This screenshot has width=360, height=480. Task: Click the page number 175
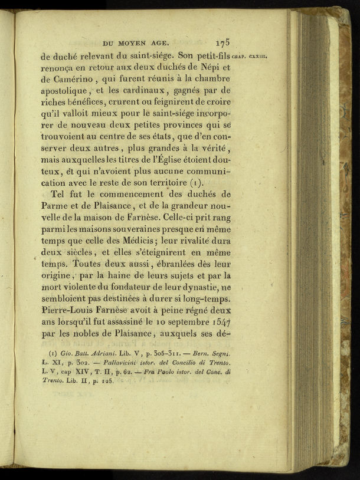(x=222, y=42)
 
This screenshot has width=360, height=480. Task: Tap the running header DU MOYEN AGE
(x=136, y=42)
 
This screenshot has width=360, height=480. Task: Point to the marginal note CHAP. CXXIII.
(x=251, y=57)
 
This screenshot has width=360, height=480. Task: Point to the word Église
(x=169, y=160)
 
